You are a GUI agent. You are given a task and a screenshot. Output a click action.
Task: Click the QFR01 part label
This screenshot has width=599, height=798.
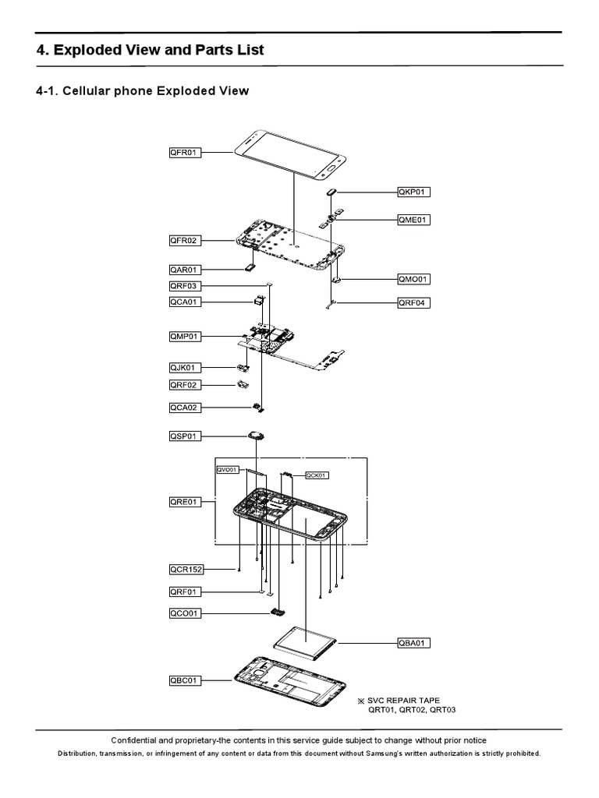point(185,153)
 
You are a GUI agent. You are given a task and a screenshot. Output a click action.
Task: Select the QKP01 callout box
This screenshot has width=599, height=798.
point(413,191)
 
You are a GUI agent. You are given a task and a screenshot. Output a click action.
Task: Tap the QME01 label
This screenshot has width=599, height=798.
point(413,220)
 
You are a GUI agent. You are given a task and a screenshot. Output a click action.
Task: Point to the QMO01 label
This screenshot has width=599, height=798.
point(413,278)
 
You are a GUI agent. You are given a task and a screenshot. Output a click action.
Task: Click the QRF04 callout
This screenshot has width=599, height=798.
point(413,302)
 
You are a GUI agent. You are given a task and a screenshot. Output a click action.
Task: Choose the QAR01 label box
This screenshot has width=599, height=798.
point(185,270)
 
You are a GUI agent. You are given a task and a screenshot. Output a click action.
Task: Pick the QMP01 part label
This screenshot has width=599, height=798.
point(185,336)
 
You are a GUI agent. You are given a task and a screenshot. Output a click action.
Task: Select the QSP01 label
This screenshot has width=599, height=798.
point(185,436)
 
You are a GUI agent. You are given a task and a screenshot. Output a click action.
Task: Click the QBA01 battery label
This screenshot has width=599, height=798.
point(413,643)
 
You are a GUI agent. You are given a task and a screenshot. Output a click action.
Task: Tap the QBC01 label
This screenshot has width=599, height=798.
point(185,680)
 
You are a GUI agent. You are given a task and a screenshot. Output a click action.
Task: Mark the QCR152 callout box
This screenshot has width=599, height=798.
point(186,570)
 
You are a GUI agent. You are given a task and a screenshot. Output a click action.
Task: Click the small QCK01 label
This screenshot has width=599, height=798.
point(317,475)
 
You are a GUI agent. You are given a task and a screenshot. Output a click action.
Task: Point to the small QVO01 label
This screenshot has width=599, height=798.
point(228,470)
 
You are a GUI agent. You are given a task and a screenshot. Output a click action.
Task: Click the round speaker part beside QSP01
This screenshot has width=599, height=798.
point(257,437)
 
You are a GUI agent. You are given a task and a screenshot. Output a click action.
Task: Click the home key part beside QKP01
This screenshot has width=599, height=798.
point(331,191)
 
